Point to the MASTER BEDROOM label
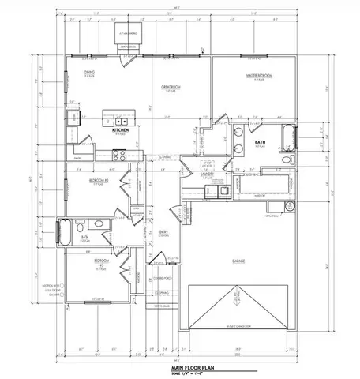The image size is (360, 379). coord(258,76)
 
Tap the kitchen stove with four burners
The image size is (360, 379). coord(72,123)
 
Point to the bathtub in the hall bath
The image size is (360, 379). coord(64,233)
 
